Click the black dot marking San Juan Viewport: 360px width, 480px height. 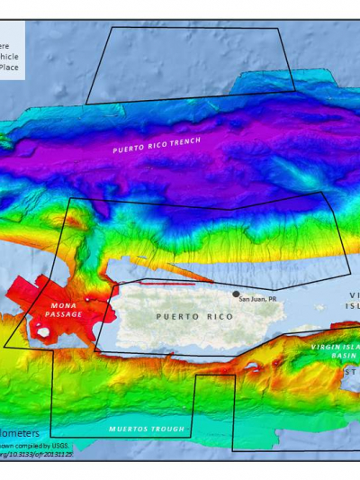click(x=236, y=294)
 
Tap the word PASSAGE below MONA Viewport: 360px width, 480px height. click(x=65, y=314)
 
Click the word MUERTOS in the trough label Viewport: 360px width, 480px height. click(x=129, y=430)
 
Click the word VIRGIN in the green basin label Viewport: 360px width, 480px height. click(x=325, y=347)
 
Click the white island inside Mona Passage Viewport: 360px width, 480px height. click(x=42, y=331)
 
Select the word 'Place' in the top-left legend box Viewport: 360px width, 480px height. click(x=9, y=66)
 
